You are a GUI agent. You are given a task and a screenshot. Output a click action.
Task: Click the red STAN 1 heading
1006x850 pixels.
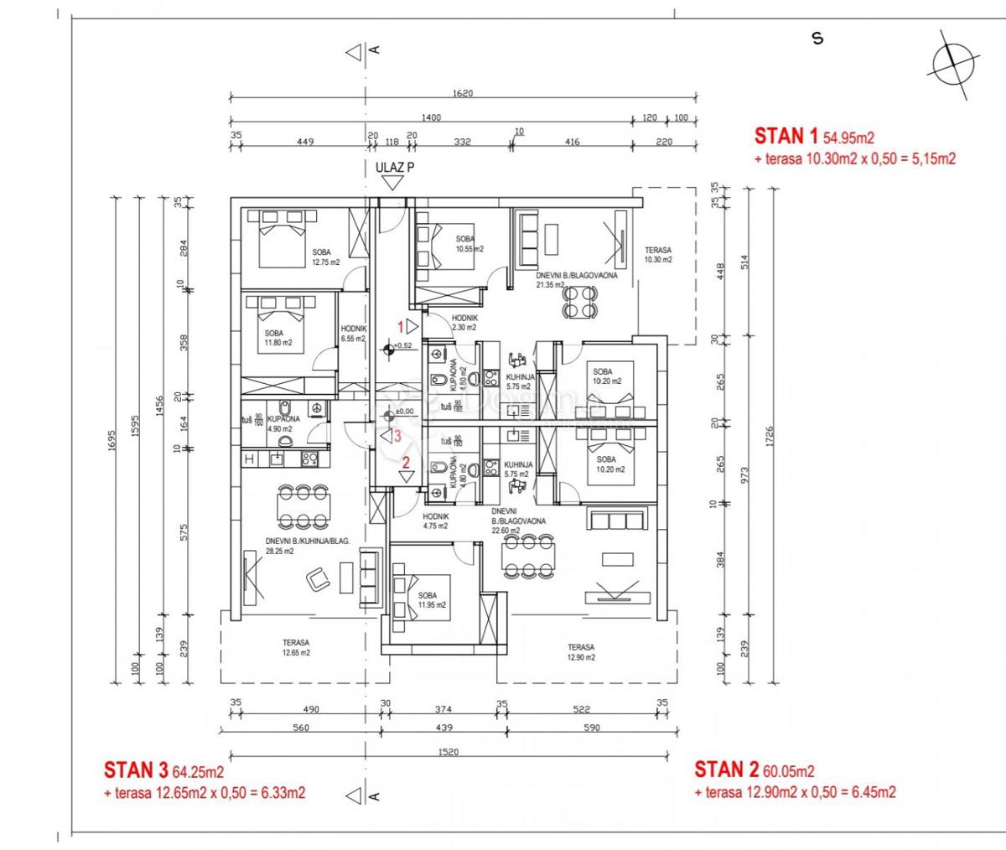coord(786,136)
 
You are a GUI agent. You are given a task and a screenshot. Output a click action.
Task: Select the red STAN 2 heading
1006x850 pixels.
coord(726,770)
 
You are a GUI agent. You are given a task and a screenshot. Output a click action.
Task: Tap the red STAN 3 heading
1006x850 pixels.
coord(136,770)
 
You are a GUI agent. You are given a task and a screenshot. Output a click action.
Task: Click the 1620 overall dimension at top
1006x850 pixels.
coord(462,93)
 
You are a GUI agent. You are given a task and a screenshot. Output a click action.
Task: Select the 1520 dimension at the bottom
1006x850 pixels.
coord(449,752)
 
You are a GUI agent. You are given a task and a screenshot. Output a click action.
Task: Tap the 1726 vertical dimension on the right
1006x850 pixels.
coord(769,437)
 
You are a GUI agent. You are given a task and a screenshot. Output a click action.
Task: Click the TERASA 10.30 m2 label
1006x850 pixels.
coord(658,255)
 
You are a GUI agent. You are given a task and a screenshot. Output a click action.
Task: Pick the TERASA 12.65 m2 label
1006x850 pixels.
coord(296,648)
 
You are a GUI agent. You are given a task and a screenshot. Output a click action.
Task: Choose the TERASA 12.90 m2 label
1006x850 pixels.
coord(581,652)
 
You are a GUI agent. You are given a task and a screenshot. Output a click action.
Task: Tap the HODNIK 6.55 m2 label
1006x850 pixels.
coord(353,334)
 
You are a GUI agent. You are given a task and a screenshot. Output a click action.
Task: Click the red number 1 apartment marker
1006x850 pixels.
coord(401,325)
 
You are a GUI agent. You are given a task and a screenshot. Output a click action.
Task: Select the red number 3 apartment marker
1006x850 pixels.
coord(398,436)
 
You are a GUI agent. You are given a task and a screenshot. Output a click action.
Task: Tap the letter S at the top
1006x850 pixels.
coord(817,39)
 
